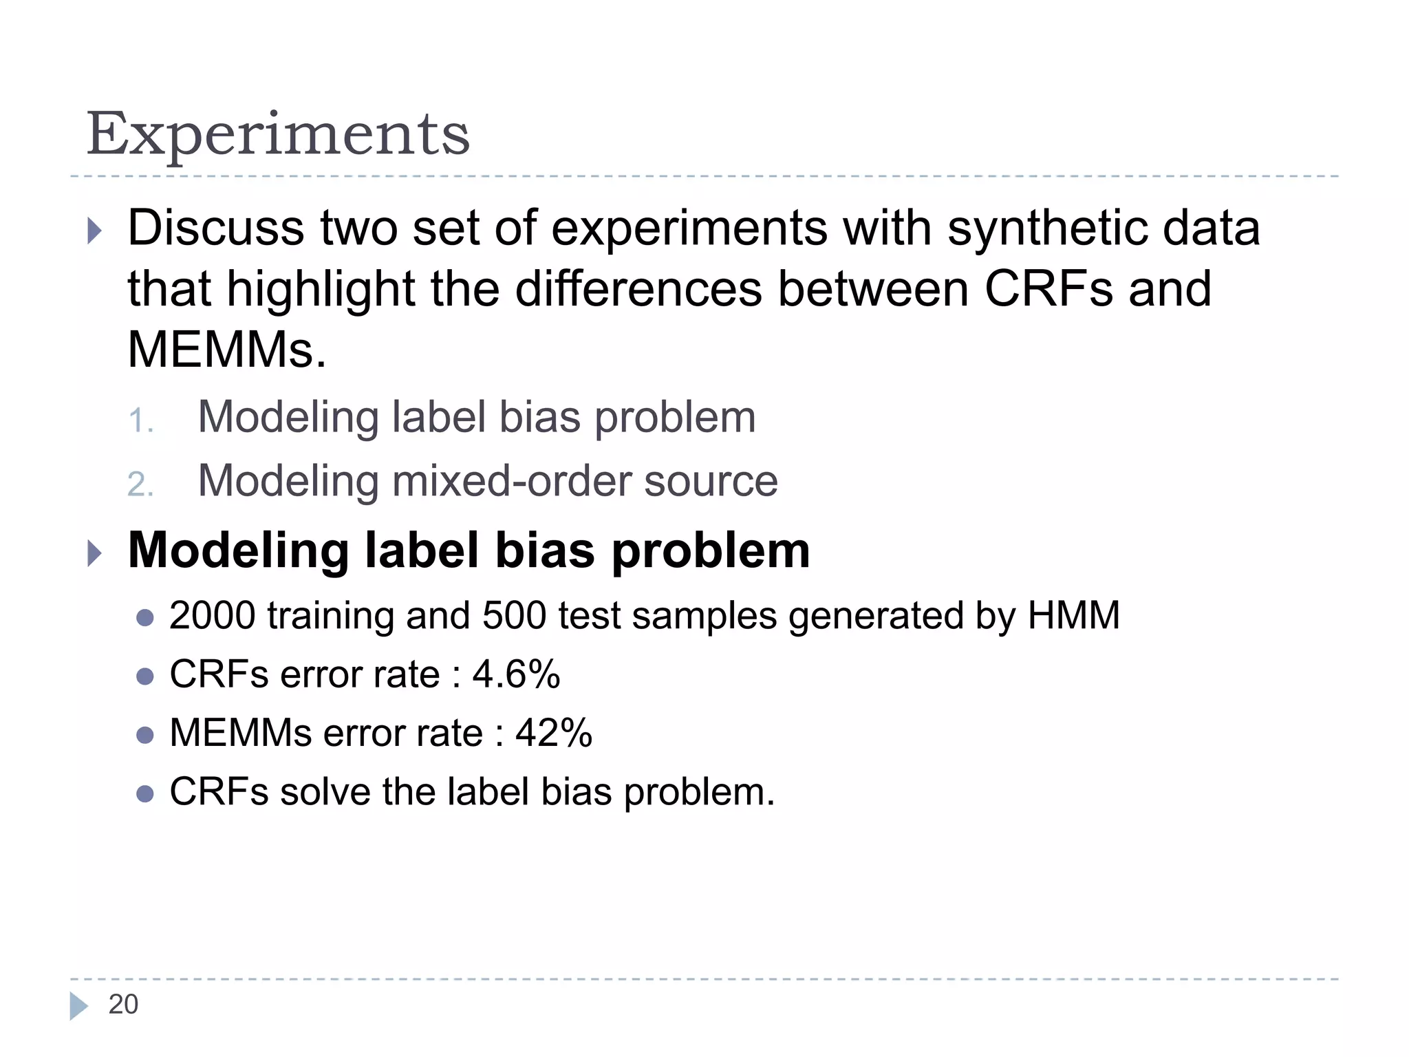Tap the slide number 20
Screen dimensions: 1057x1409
point(123,1005)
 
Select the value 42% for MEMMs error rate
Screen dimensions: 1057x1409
point(554,733)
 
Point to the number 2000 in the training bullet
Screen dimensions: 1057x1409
point(212,615)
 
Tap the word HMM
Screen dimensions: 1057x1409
point(1073,615)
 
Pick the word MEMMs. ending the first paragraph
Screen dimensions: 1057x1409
point(227,350)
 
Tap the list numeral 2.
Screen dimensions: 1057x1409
point(140,484)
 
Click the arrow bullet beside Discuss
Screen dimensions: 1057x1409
point(95,231)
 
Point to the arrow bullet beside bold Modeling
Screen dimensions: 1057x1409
point(95,553)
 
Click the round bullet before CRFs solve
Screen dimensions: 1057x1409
point(144,794)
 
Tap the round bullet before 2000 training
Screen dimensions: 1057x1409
point(144,618)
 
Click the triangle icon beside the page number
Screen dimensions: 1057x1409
point(78,1005)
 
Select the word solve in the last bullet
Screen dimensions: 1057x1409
point(325,792)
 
